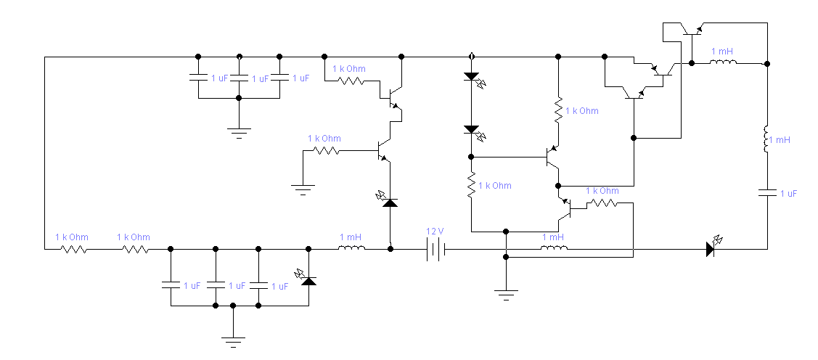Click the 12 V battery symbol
[435, 249]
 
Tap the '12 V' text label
[435, 232]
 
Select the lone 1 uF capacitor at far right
[767, 193]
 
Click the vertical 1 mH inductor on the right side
[767, 139]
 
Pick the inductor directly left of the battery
[352, 249]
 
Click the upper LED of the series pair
[471, 77]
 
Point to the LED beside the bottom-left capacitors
[308, 280]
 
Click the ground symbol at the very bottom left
[232, 339]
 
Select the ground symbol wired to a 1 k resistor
[303, 190]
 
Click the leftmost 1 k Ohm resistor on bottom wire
[73, 249]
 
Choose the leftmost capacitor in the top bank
[197, 78]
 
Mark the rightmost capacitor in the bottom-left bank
[259, 286]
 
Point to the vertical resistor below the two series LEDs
[471, 186]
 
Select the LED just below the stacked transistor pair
[390, 202]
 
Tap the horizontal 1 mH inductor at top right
[723, 63]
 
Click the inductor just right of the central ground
[555, 249]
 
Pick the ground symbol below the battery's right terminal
[506, 292]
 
